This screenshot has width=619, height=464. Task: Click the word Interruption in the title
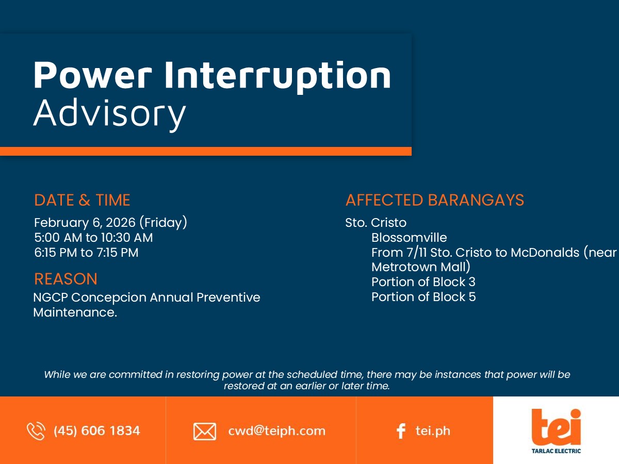[278, 77]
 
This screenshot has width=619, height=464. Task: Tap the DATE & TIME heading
[82, 200]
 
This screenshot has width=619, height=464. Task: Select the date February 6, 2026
[85, 223]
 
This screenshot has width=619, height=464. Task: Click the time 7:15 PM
[118, 253]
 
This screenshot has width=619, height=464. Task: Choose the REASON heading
[66, 279]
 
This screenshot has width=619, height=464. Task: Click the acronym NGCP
[51, 297]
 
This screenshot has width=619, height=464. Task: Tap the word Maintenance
[75, 312]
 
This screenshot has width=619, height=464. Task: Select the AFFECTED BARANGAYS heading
[435, 200]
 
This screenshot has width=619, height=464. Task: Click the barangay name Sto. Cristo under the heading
[376, 223]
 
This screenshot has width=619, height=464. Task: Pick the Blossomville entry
[409, 238]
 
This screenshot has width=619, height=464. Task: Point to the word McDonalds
[545, 253]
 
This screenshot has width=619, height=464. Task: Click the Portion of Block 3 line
[423, 282]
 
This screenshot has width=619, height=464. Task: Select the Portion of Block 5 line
[423, 297]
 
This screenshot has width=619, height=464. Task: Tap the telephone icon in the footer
[36, 431]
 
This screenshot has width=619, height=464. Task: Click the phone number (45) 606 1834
[97, 431]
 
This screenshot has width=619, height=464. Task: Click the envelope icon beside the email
[205, 432]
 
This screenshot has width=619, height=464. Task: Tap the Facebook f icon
[401, 431]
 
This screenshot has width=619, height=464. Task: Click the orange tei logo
[556, 427]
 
